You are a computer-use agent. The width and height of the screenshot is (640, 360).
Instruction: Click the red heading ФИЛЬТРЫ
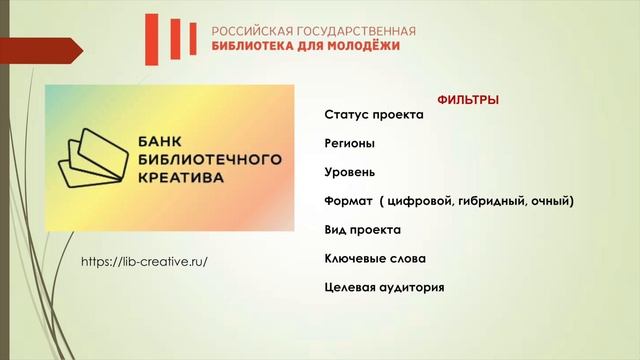(x=469, y=100)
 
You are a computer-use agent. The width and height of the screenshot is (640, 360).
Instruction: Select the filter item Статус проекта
(x=374, y=114)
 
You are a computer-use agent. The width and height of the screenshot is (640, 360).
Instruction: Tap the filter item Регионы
(x=350, y=143)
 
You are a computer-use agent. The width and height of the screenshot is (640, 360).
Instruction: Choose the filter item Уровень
(x=350, y=172)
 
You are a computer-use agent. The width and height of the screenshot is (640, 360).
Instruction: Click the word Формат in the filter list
(x=348, y=201)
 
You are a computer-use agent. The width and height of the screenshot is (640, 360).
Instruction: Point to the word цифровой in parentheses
(x=418, y=201)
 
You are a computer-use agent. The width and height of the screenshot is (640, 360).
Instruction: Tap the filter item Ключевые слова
(x=375, y=259)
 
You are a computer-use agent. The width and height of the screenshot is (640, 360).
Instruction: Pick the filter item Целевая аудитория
(x=384, y=288)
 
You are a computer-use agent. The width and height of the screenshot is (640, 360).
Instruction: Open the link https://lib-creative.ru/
(x=145, y=261)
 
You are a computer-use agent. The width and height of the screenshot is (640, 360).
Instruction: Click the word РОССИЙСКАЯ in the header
(x=252, y=31)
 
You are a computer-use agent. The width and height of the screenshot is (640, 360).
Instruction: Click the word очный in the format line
(x=552, y=201)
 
